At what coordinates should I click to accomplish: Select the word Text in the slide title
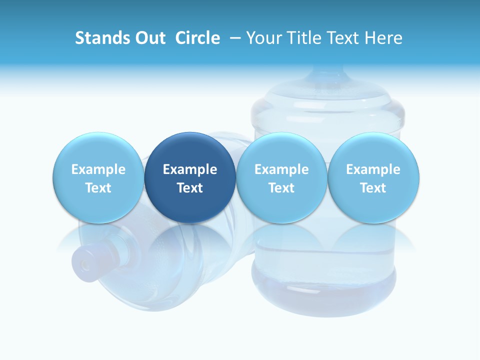point(345,38)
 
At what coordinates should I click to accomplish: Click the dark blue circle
point(190,177)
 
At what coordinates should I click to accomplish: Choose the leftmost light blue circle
point(98,177)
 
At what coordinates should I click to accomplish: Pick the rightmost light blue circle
point(373,177)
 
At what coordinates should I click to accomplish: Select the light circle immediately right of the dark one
point(281,177)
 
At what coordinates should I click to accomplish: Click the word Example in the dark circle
point(190,169)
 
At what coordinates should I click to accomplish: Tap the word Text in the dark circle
point(190,188)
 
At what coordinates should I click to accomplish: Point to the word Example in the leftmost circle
point(98,169)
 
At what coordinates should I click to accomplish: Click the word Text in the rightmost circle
point(373,188)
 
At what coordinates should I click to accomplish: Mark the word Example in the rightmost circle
point(373,169)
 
